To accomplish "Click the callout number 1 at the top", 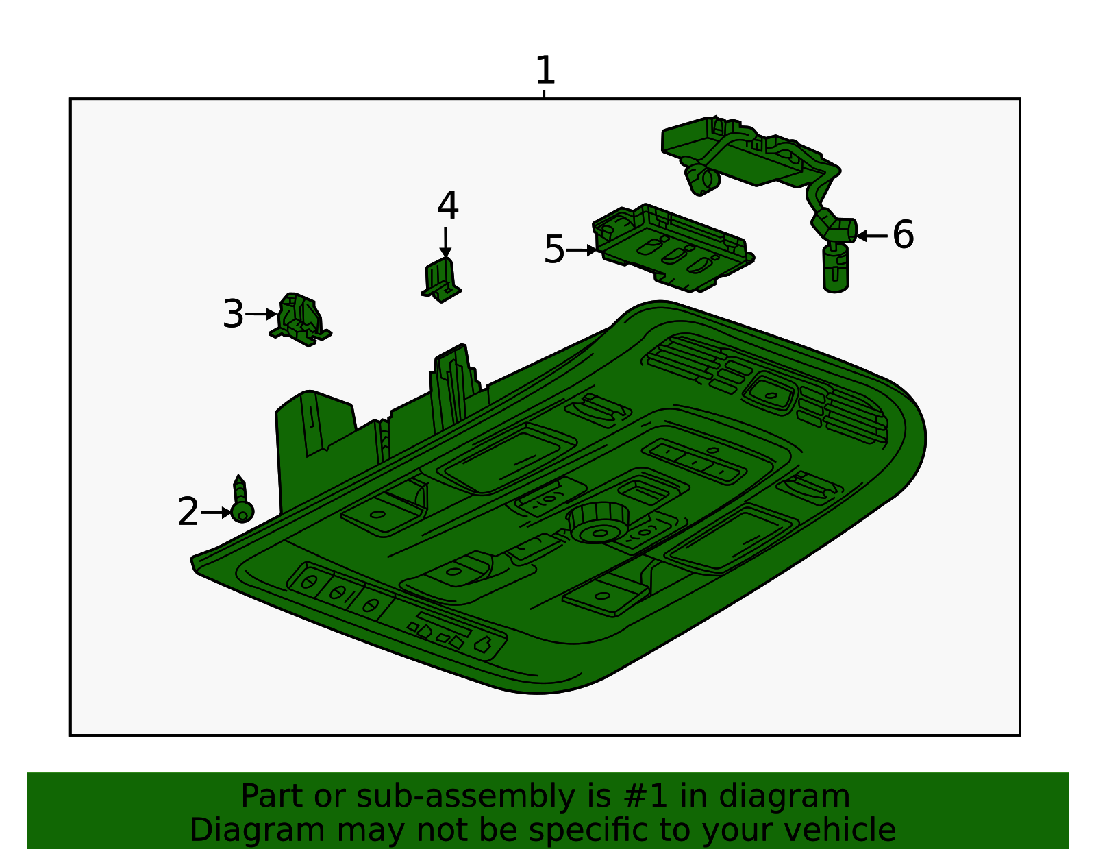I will pos(545,71).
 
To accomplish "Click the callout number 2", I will pos(188,512).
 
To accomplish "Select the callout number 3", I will pos(233,315).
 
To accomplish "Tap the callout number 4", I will pos(447,206).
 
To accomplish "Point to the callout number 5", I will pos(553,249).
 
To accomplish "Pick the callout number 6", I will pos(903,235).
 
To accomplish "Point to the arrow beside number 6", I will pos(872,236).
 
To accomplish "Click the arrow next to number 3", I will pos(261,315).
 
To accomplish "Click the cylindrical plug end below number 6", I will pos(835,269).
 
